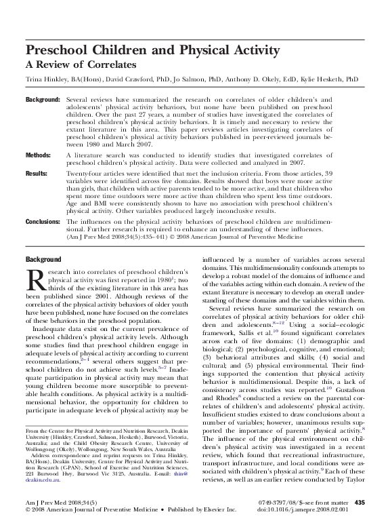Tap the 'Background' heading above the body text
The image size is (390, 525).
coord(43,260)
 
